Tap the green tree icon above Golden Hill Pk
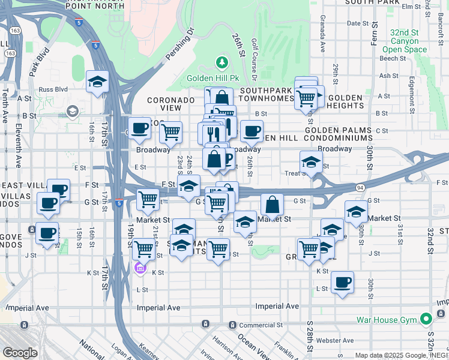[222, 62]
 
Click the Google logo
[19, 353]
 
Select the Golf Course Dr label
[254, 61]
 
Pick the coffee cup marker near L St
[342, 283]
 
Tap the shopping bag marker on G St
[272, 205]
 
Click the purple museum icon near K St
[140, 268]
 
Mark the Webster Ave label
[335, 340]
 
